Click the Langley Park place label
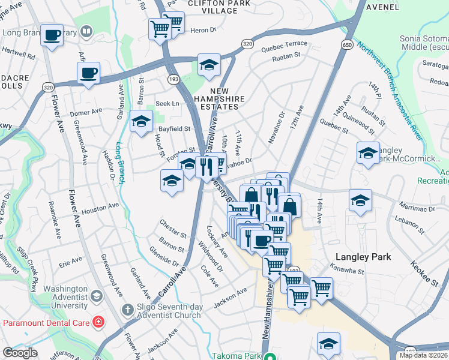pos(363,257)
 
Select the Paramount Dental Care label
pos(46,322)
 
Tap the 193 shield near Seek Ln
pos(174,79)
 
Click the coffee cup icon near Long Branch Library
pos(53,35)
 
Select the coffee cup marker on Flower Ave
pos(88,74)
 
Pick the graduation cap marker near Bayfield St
pos(142,122)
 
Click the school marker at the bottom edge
pos(328,344)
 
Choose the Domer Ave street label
pos(87,112)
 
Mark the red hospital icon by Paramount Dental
pos(97,322)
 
